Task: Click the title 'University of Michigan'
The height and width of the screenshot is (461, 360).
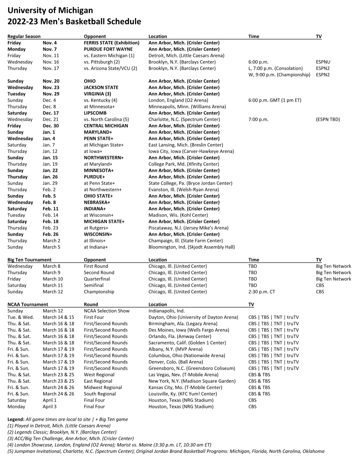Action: click(x=50, y=11)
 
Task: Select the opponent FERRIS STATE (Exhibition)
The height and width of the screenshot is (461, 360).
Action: click(x=112, y=43)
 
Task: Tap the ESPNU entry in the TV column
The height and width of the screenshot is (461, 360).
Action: click(x=323, y=62)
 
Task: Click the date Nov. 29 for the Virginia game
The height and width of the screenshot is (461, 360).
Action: click(x=51, y=94)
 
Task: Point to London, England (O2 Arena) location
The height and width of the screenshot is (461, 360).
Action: click(x=178, y=100)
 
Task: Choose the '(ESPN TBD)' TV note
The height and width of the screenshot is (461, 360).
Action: click(x=328, y=119)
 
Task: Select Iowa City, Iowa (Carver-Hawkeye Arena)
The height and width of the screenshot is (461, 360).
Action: click(x=191, y=151)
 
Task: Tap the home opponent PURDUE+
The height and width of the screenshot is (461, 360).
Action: click(x=94, y=177)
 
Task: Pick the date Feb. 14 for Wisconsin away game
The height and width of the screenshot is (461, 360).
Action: click(x=50, y=215)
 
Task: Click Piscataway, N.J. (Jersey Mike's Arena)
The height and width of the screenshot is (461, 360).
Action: click(x=188, y=228)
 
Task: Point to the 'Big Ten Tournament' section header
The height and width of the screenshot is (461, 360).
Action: click(x=30, y=260)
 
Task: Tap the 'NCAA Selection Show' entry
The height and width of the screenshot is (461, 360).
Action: click(x=107, y=311)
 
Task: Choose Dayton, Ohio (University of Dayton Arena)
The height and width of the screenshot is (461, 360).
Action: click(x=193, y=317)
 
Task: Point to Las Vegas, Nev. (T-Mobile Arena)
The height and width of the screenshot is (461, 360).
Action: click(x=183, y=375)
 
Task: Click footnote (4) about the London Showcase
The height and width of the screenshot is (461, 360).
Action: click(x=109, y=445)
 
